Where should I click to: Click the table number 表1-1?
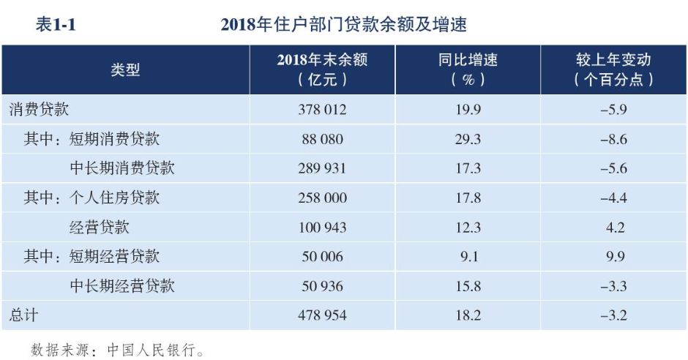tap(56, 25)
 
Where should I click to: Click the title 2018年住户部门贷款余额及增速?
tap(343, 25)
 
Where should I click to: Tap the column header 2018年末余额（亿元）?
tap(322, 70)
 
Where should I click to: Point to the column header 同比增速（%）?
tap(468, 70)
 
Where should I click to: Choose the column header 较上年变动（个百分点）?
tap(613, 70)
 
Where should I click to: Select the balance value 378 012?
tap(322, 110)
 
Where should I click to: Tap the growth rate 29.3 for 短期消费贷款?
tap(468, 139)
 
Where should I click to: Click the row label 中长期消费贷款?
tap(122, 168)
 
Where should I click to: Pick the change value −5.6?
tap(613, 168)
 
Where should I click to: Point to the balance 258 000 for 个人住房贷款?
tap(322, 198)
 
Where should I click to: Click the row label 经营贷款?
tap(100, 227)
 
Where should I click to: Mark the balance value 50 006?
tap(322, 256)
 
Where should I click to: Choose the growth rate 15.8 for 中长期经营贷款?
tap(468, 285)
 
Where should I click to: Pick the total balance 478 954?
tap(322, 315)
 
